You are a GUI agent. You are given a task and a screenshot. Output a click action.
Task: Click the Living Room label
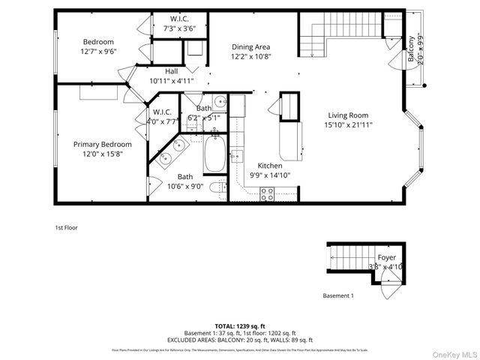[x=349, y=115]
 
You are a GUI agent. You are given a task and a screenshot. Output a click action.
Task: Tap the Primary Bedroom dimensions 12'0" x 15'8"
[x=103, y=154]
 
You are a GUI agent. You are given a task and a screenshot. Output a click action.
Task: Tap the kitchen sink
[x=237, y=156]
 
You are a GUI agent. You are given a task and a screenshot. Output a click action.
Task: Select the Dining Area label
[x=251, y=46]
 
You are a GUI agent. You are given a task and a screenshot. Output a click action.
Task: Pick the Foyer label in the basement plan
[x=386, y=257]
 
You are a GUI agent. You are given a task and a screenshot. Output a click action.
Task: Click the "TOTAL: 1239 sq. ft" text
[x=240, y=325]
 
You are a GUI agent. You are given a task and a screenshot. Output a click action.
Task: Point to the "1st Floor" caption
[x=66, y=227]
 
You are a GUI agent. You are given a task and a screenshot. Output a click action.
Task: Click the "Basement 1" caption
[x=337, y=295]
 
